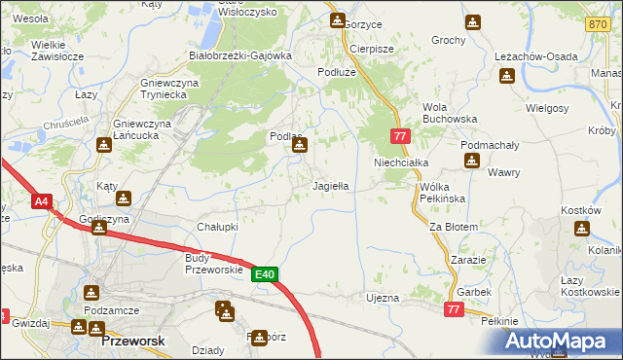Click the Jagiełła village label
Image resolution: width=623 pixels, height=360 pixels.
[330, 185]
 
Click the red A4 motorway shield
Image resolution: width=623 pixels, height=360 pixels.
[41, 202]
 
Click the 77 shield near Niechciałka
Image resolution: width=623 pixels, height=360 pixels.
[399, 137]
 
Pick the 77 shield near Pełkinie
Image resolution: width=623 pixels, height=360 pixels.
[453, 308]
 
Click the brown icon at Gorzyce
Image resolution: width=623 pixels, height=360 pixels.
[337, 20]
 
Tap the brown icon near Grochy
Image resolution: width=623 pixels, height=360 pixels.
[472, 22]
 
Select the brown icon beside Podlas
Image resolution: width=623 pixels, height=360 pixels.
[300, 146]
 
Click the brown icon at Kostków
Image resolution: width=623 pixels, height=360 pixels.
[581, 229]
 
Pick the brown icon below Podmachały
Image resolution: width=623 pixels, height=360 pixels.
[471, 161]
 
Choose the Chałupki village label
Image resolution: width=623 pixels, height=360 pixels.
[218, 227]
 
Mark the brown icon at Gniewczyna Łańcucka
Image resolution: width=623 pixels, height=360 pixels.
[103, 145]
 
